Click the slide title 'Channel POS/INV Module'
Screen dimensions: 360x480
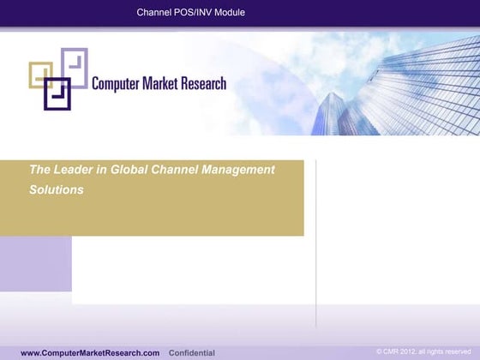pos(191,12)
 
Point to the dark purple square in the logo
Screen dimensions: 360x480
pos(57,93)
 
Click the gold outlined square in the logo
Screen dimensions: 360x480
pos(40,74)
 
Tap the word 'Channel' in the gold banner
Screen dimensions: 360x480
pos(174,170)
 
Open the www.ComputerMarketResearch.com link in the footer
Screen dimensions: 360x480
pos(90,353)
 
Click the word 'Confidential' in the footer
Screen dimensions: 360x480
pos(192,353)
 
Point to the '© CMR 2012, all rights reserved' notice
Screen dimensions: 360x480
pos(424,352)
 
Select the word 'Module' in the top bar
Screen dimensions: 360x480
pos(229,12)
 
